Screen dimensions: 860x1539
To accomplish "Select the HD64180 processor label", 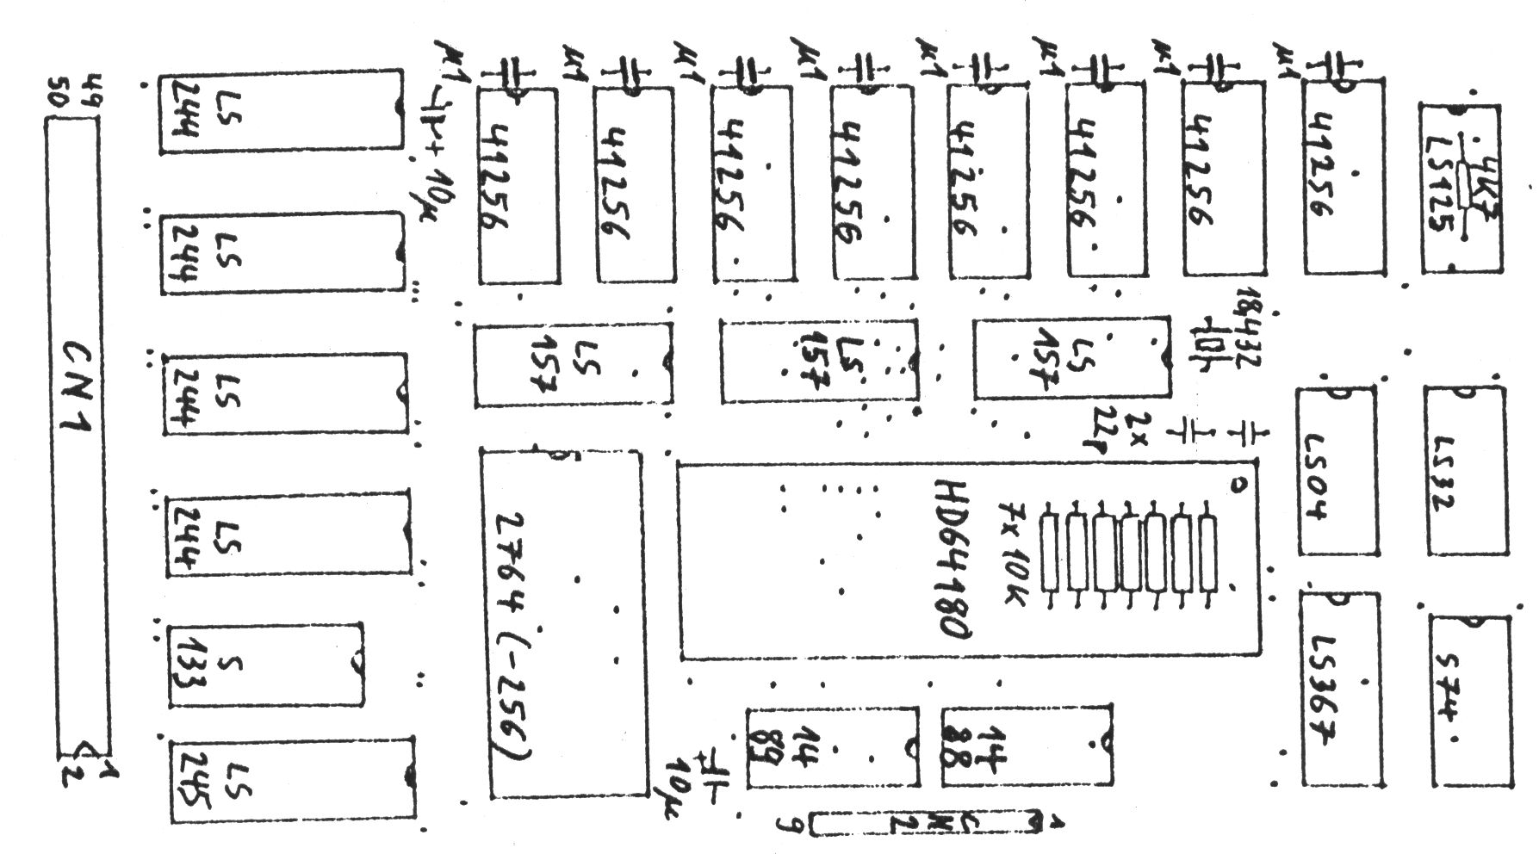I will click(950, 558).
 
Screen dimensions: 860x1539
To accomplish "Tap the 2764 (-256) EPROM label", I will click(514, 635).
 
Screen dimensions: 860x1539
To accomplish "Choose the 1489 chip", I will click(832, 747).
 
